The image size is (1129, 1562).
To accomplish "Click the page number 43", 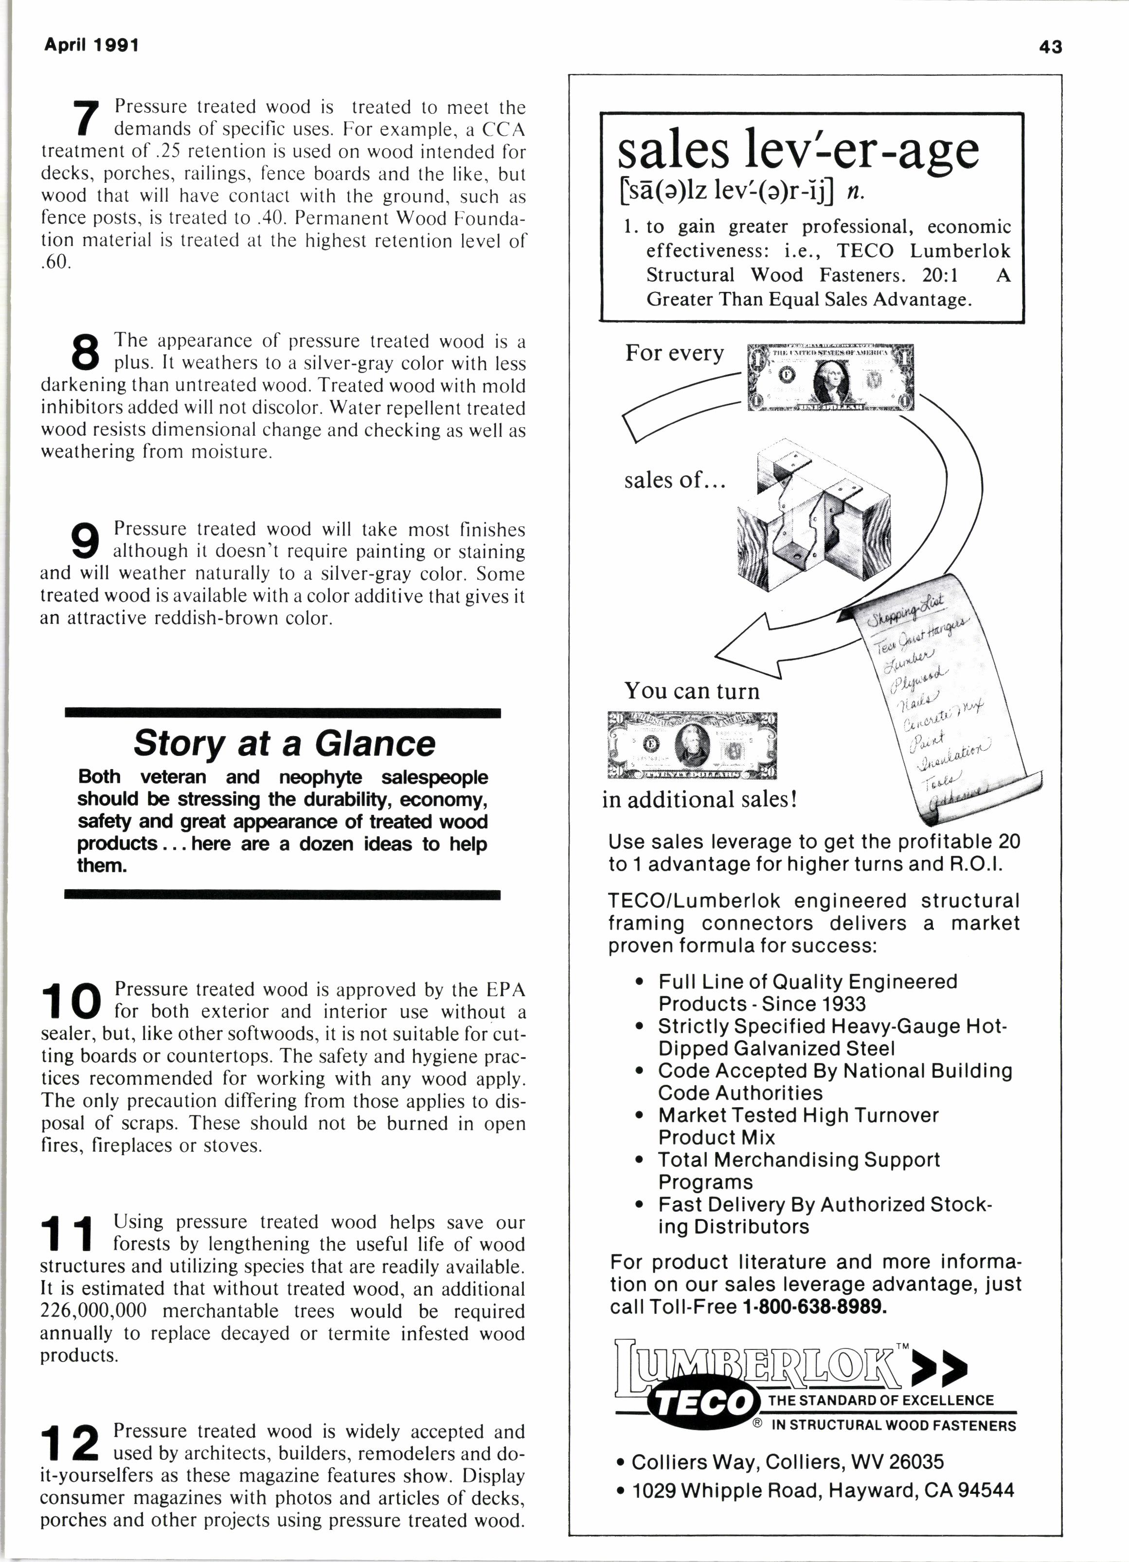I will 1051,47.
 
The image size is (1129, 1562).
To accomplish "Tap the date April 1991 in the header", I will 91,45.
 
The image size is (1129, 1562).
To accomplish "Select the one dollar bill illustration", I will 831,377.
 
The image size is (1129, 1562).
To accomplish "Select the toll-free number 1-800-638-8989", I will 814,1307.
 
